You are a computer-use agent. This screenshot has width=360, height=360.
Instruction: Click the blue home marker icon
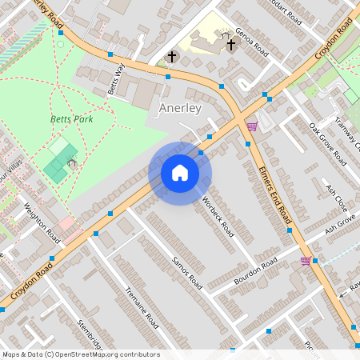point(180,173)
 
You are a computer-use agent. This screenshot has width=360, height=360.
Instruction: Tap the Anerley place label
point(180,107)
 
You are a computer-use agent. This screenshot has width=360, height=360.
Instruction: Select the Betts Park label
point(72,119)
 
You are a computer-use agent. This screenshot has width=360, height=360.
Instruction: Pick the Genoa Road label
point(250,38)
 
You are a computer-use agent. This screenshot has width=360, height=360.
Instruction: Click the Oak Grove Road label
point(327,144)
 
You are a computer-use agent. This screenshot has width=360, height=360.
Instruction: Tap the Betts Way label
point(117,78)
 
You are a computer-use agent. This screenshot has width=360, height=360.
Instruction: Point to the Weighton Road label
point(42,224)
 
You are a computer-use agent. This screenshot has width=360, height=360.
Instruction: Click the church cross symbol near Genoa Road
point(231,45)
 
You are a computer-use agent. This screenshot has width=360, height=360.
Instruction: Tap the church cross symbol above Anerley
point(172,57)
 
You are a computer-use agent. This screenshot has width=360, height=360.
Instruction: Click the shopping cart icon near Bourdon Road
point(306,261)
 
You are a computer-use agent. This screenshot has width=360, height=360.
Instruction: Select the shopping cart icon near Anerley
point(252,126)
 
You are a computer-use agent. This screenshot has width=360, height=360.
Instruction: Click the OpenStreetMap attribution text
point(80,354)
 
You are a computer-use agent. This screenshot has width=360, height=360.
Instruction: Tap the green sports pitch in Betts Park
point(56,160)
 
